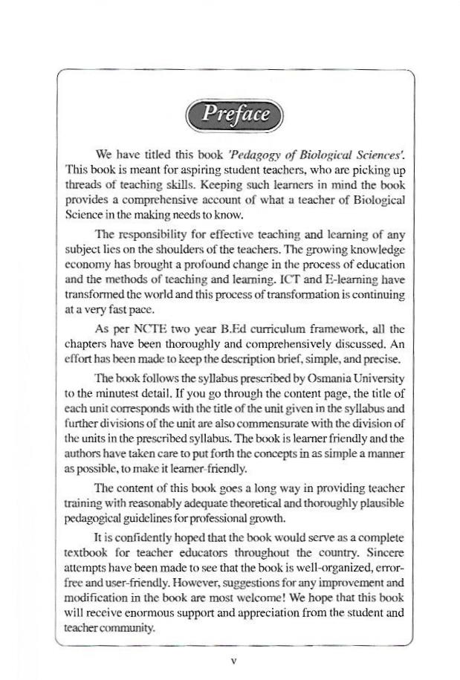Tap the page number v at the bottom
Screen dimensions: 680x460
pyautogui.click(x=233, y=659)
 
